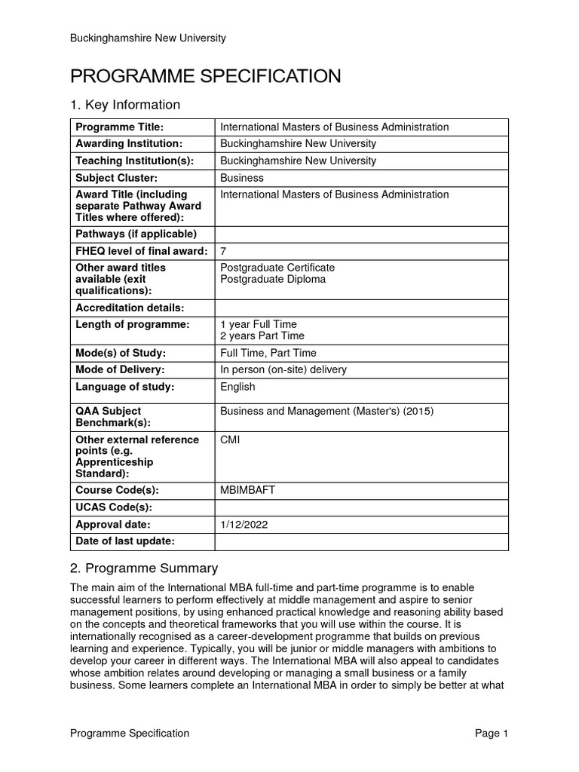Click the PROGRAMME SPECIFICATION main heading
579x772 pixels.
point(205,75)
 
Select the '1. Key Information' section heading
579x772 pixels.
point(124,105)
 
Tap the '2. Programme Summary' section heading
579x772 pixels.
point(143,568)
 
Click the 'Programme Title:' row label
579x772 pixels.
point(119,127)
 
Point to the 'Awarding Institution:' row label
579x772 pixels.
point(129,143)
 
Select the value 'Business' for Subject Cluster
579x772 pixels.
point(242,178)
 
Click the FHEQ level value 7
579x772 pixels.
point(223,251)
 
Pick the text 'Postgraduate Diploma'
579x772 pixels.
point(273,279)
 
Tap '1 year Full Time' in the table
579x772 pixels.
point(258,324)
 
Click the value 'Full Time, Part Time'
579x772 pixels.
point(268,353)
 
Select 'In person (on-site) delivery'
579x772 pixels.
point(283,369)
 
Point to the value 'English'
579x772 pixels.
point(237,387)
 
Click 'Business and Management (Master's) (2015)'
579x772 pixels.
point(326,411)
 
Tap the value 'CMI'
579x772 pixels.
point(230,440)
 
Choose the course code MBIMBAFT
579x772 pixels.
point(247,490)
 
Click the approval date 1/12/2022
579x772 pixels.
point(244,524)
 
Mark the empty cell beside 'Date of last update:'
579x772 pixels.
point(362,541)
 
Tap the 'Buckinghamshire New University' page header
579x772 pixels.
point(148,38)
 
